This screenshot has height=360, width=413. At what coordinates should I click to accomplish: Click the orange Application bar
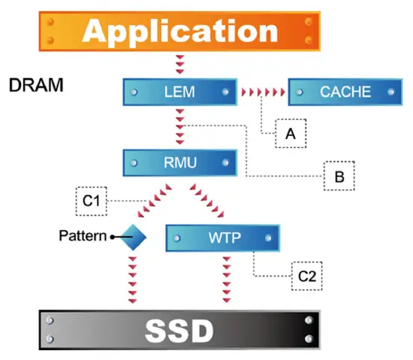tap(179, 31)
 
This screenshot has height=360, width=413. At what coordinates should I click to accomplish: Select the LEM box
tap(180, 92)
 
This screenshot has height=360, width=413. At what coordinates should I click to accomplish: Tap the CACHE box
tap(345, 92)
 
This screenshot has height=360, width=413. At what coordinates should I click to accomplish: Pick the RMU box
tap(180, 162)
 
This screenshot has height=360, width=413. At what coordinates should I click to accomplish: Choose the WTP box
tap(223, 238)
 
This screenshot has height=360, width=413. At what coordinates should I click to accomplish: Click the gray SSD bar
tap(179, 330)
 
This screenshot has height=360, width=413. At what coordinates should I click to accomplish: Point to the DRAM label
tap(36, 85)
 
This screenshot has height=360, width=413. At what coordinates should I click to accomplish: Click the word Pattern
tap(83, 235)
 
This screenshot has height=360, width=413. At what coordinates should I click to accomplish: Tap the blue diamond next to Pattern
tap(133, 237)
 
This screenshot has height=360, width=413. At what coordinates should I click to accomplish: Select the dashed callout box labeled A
tap(291, 133)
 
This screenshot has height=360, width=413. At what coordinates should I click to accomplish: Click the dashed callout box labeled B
tap(339, 176)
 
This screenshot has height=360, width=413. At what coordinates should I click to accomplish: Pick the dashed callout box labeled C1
tap(92, 201)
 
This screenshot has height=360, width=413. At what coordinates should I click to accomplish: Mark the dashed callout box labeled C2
tap(307, 276)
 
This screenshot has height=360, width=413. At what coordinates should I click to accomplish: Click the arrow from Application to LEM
tap(180, 65)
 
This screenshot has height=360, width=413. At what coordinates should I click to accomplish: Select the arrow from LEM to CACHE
tap(263, 92)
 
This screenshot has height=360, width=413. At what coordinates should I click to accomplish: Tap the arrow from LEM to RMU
tap(180, 127)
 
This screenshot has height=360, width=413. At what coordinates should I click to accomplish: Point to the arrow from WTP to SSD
tap(227, 280)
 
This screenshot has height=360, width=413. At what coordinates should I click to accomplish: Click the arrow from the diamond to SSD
tap(132, 280)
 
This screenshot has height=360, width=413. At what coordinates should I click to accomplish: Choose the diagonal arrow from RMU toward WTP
tap(207, 201)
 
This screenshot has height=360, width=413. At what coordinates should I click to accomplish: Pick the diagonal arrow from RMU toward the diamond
tap(155, 201)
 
